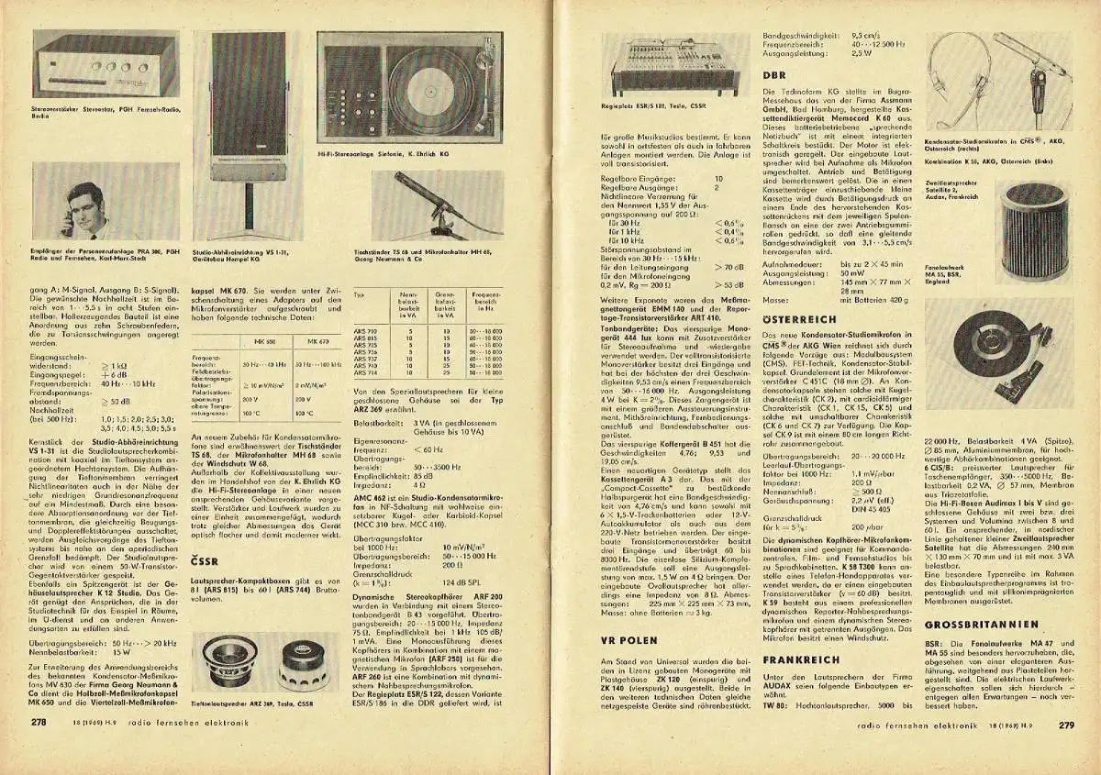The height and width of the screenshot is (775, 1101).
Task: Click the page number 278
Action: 39,723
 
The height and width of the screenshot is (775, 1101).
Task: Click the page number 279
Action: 1064,724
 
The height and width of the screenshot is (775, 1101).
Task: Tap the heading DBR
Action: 774,74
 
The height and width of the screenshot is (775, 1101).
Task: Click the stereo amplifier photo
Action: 93,69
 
